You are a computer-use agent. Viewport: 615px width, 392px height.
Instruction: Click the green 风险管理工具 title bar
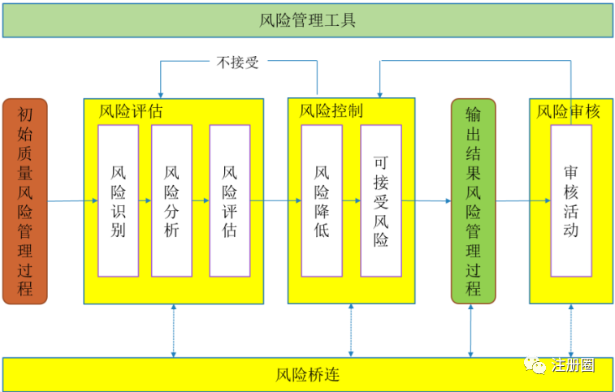coord(307,20)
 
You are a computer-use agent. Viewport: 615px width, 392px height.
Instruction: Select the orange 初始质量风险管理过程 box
coord(25,200)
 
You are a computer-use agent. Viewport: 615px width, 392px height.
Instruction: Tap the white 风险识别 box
coord(118,200)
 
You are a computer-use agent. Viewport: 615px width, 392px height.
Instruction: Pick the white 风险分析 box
coord(171,200)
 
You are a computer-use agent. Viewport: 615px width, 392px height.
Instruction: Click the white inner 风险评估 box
coord(229,200)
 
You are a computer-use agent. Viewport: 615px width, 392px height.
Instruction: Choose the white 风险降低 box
coord(321,200)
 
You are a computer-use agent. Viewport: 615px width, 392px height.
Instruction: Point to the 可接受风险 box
coord(381,200)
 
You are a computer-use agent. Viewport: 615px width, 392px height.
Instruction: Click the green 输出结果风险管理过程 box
coord(473,200)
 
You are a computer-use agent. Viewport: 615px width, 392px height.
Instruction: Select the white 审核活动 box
coord(571,200)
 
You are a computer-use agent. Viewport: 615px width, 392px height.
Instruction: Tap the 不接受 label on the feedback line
coord(238,62)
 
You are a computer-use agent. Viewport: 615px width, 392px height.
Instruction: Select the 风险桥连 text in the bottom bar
coord(306,375)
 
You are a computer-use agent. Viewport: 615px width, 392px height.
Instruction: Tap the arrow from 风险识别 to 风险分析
coord(145,200)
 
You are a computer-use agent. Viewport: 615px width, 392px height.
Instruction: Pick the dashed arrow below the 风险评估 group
coord(173,330)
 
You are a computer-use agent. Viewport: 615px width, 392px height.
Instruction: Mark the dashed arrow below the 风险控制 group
coord(351,330)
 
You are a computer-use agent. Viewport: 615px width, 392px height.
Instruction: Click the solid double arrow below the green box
coord(472,330)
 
